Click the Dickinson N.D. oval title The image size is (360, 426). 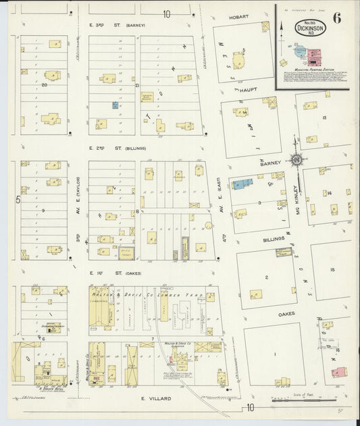(x=310, y=29)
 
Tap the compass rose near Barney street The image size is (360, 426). (x=296, y=160)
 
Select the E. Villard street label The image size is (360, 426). (x=153, y=398)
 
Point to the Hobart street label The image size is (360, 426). (x=239, y=17)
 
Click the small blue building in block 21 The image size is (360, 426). (x=115, y=105)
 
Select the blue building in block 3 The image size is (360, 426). (x=242, y=184)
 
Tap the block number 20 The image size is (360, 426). (x=45, y=85)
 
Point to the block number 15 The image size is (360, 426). (x=332, y=269)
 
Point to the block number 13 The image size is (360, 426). (x=324, y=118)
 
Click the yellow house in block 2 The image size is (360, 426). (x=256, y=294)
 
